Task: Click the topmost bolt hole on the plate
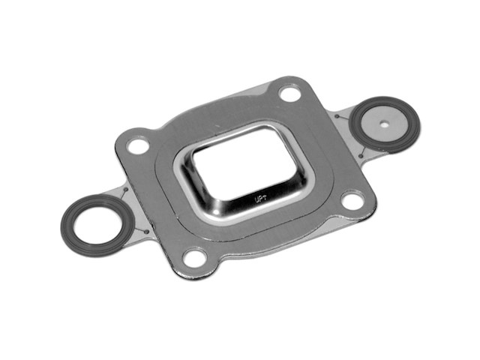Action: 289,93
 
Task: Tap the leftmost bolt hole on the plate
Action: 138,145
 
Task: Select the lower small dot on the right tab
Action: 361,156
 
